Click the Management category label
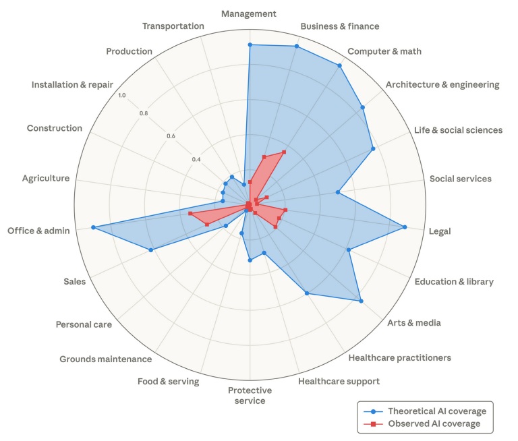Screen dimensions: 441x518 point(250,13)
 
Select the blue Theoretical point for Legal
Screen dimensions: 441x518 point(405,227)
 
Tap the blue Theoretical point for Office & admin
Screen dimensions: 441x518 point(93,227)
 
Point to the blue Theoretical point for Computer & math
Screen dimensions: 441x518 point(339,66)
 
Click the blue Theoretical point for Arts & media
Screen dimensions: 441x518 point(362,301)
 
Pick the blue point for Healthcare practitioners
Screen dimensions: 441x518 point(307,293)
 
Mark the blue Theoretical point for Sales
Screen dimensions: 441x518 point(150,250)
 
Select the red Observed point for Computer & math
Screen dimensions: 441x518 point(284,152)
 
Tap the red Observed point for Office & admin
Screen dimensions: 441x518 point(190,214)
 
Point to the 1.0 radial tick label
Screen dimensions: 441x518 point(122,95)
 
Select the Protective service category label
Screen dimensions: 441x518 point(250,396)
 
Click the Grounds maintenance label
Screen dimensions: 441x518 point(105,359)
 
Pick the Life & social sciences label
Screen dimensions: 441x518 point(458,130)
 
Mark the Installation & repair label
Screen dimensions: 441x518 point(72,85)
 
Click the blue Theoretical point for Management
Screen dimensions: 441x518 point(250,45)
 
